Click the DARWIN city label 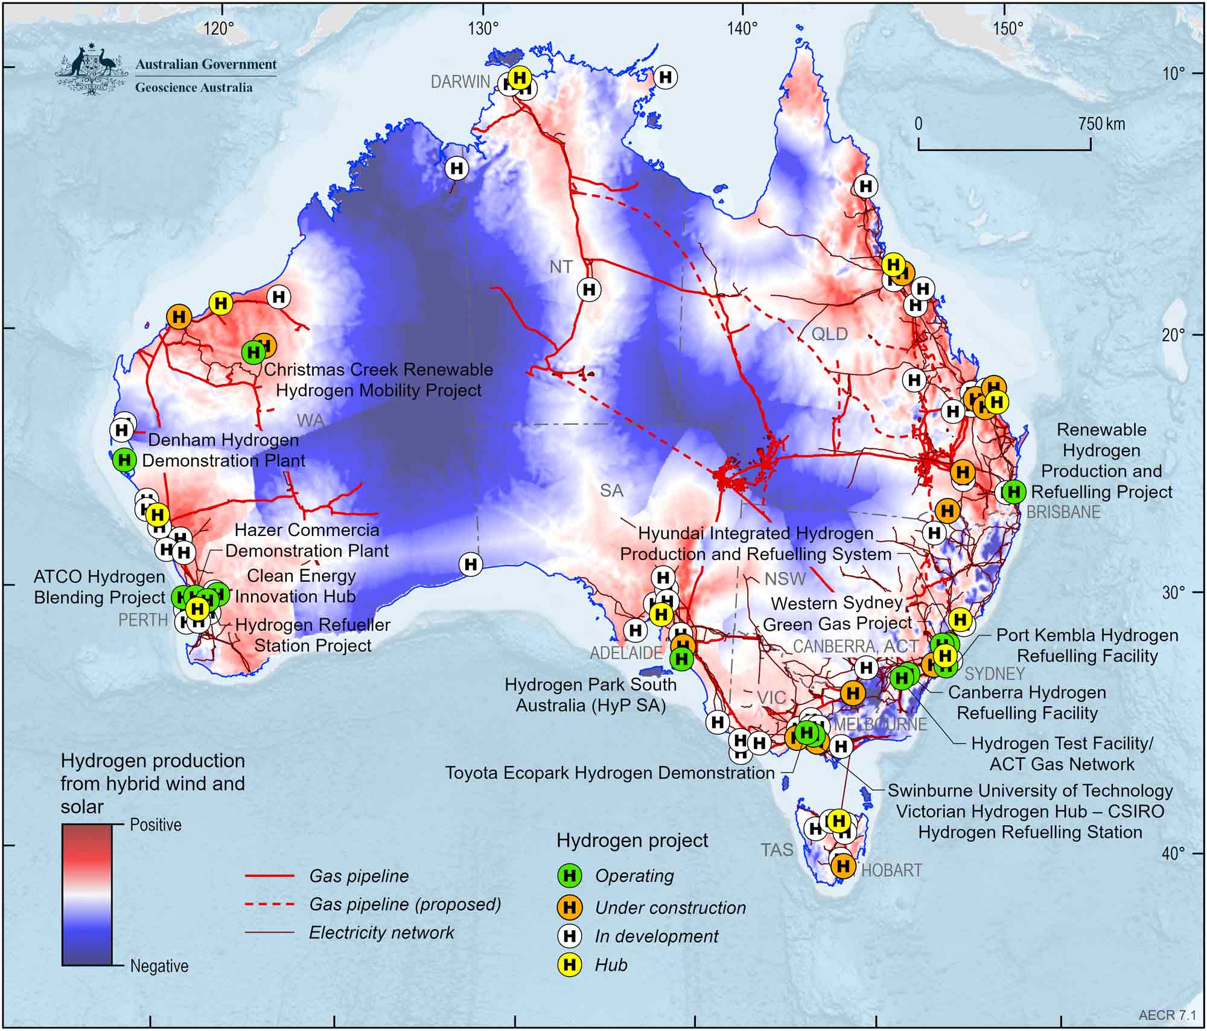point(460,82)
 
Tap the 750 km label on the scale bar point(1101,124)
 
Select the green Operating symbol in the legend point(569,875)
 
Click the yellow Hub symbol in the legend point(569,965)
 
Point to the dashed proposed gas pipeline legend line point(270,904)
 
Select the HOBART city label point(891,870)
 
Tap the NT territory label point(561,267)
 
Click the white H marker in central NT point(589,290)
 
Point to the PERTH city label point(143,620)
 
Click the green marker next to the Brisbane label point(1014,492)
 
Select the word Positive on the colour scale point(156,825)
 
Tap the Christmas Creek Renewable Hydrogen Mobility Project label point(378,380)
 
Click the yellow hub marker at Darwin point(519,77)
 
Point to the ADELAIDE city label point(626,653)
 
